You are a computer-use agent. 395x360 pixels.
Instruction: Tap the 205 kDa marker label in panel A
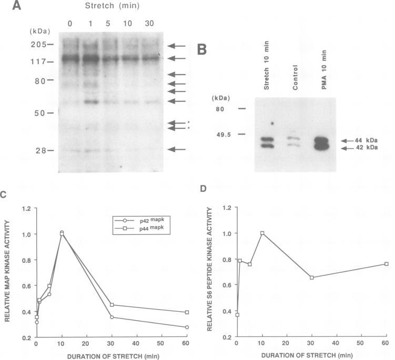pos(35,45)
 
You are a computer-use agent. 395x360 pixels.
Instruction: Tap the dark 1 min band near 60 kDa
pos(92,101)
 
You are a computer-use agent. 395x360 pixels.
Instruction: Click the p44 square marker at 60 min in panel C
pos(187,312)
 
